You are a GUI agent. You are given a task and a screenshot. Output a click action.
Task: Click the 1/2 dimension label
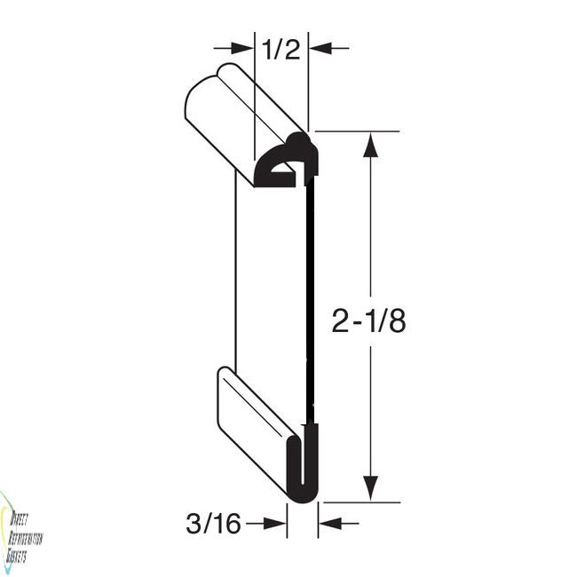[281, 50]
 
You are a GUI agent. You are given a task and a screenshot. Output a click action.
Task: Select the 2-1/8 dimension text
[368, 320]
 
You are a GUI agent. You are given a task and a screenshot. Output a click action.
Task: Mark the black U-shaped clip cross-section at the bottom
[303, 466]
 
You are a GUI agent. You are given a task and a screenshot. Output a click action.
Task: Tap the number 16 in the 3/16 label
[227, 525]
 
